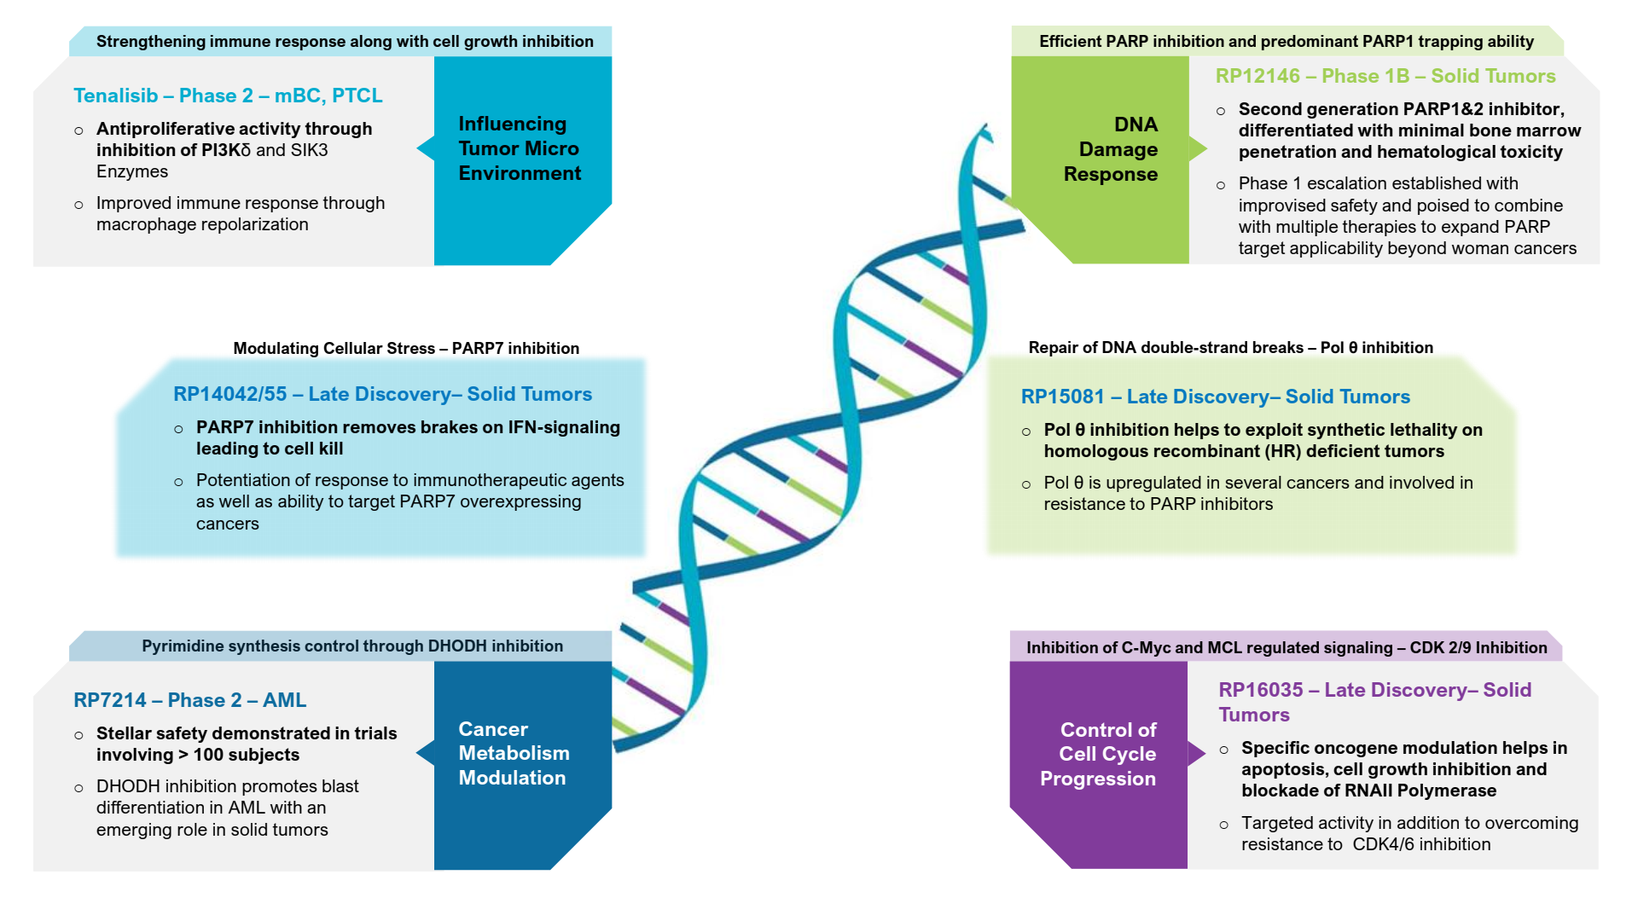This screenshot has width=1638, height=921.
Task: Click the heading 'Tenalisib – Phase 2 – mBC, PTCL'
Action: point(228,96)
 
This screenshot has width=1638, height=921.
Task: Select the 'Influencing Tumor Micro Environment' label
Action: point(520,148)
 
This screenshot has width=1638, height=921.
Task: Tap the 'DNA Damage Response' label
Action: point(1111,149)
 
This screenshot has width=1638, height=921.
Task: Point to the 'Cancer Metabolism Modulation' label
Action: point(514,753)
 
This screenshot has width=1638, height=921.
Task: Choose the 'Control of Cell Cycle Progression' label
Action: point(1099,754)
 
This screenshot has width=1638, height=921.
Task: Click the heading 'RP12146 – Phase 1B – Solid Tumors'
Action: point(1385,76)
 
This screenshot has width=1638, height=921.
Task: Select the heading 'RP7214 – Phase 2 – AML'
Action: point(189,700)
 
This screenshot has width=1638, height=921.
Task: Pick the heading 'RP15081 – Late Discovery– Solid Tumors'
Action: point(1215,397)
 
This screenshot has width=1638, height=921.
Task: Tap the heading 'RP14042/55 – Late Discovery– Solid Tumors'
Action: point(382,394)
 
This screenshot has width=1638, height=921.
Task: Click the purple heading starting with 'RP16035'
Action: point(1374,702)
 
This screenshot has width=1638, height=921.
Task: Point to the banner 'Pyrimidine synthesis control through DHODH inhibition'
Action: point(352,646)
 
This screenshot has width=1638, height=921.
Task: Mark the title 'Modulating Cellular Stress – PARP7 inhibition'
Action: point(406,348)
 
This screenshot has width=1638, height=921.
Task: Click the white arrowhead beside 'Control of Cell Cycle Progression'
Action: point(1196,754)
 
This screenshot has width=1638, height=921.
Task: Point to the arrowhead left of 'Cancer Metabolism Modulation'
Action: point(425,753)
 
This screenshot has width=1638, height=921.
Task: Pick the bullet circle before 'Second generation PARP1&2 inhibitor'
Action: point(1221,111)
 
